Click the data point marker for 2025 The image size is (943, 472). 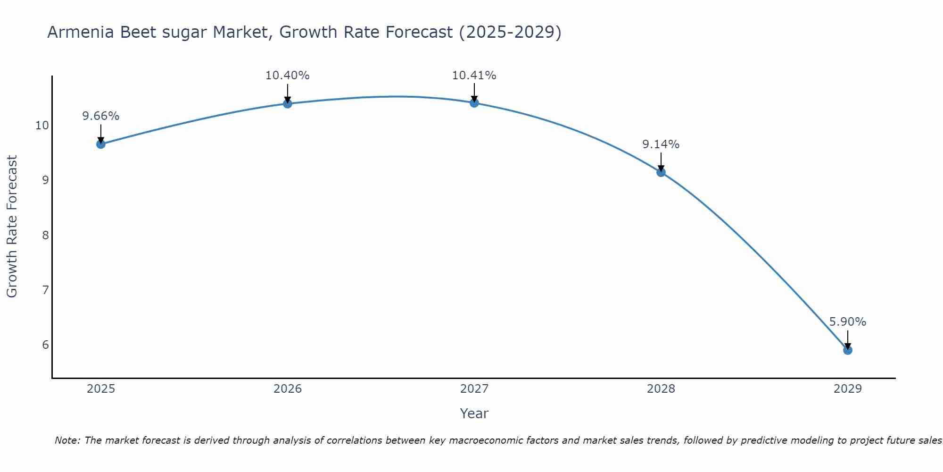pyautogui.click(x=101, y=144)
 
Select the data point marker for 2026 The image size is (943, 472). pyautogui.click(x=288, y=103)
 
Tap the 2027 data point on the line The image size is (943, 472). pyautogui.click(x=474, y=103)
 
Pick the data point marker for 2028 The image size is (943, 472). pyautogui.click(x=661, y=172)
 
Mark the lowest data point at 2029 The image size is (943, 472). pyautogui.click(x=847, y=350)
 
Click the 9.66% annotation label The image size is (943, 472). pyautogui.click(x=101, y=116)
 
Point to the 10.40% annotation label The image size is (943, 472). pyautogui.click(x=288, y=76)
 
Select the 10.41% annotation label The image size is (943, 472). pyautogui.click(x=474, y=76)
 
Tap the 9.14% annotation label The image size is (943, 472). pyautogui.click(x=661, y=144)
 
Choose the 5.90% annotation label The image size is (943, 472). pyautogui.click(x=847, y=322)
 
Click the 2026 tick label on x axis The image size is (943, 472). pyautogui.click(x=288, y=389)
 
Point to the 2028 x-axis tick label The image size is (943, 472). pyautogui.click(x=661, y=389)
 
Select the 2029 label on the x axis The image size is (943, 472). pyautogui.click(x=847, y=389)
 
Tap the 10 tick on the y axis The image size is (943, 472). pyautogui.click(x=42, y=126)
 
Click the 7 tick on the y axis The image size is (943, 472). pyautogui.click(x=45, y=290)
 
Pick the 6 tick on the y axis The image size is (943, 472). pyautogui.click(x=45, y=345)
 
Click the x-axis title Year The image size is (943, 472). pyautogui.click(x=474, y=413)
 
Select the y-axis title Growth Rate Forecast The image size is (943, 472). pyautogui.click(x=12, y=227)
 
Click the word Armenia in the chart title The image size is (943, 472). pyautogui.click(x=80, y=33)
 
